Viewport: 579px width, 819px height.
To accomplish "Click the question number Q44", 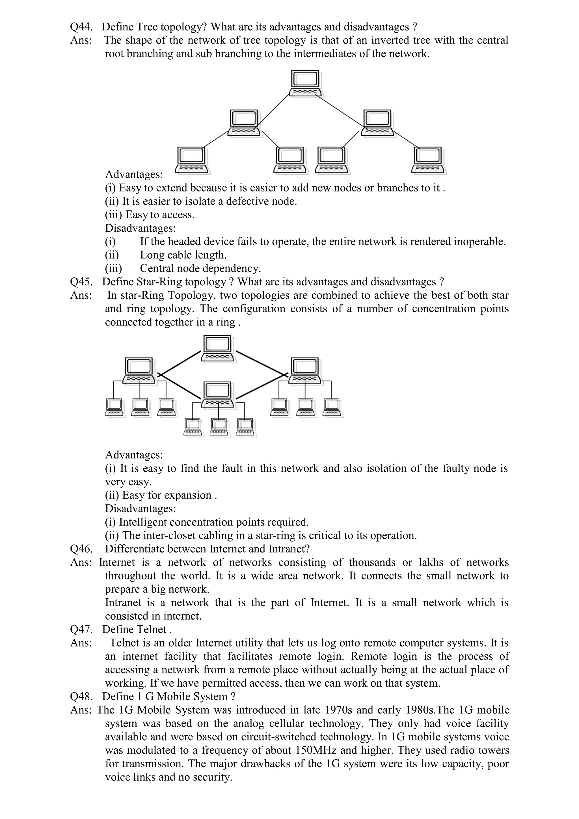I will coord(81,27).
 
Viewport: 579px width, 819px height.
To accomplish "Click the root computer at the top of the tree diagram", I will coord(306,83).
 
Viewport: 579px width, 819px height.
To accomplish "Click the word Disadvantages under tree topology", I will coord(140,228).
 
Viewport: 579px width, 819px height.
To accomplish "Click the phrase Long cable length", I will coord(183,255).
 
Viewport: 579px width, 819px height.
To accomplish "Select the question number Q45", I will coord(81,282).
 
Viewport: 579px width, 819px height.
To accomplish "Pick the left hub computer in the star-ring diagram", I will coord(139,371).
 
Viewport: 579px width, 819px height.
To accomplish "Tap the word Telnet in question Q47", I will coord(152,630).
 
